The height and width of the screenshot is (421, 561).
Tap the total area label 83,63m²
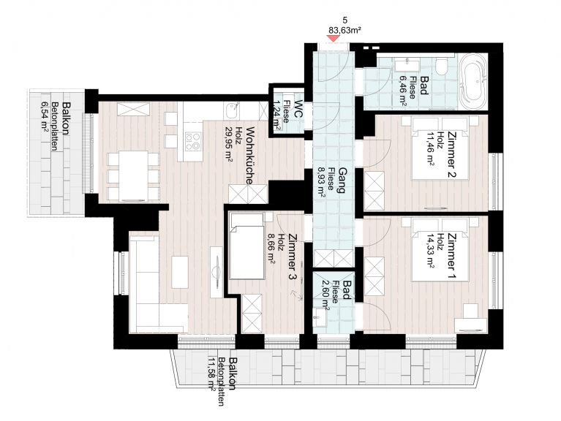(x=344, y=30)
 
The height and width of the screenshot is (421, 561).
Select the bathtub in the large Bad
(x=474, y=81)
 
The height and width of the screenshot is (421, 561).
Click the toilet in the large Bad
(x=443, y=67)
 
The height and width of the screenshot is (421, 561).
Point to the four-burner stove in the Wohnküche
(x=193, y=141)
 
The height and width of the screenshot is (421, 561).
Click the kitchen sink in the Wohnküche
(x=232, y=110)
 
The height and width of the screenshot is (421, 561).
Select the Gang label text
(x=341, y=180)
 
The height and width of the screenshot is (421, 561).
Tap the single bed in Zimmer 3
(x=247, y=246)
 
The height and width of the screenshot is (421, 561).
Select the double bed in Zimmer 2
(x=440, y=148)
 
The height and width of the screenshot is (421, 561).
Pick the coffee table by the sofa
(x=180, y=272)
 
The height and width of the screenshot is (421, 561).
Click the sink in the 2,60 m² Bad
(x=320, y=318)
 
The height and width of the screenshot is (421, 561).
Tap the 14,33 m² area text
(x=430, y=251)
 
